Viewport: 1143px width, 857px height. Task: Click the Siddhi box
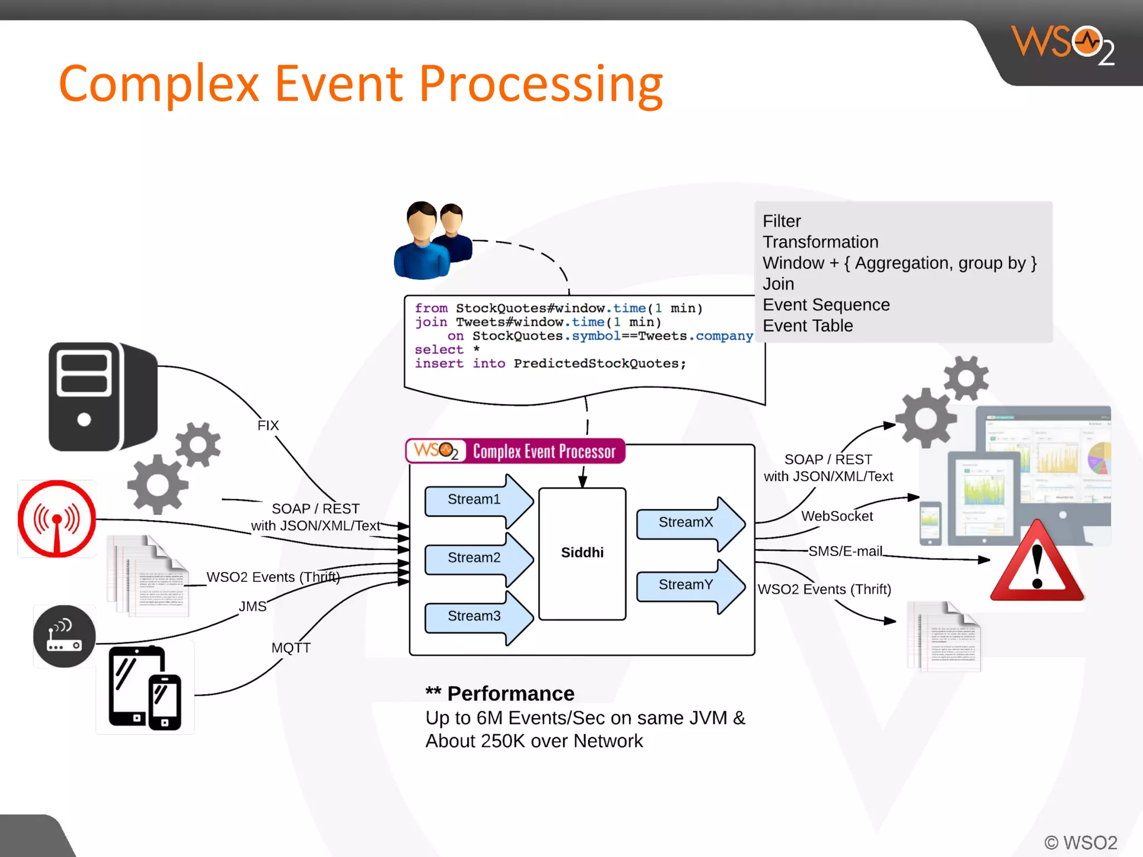point(582,553)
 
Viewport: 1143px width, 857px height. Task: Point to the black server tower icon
point(102,397)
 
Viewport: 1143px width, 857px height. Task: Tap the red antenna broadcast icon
point(56,519)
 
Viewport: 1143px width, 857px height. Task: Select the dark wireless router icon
point(64,637)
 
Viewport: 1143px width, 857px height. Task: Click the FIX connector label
point(268,426)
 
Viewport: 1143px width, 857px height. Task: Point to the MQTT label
point(291,648)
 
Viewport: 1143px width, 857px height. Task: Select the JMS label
point(252,606)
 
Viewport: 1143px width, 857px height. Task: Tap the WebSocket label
point(837,516)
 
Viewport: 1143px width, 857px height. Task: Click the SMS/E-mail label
point(845,551)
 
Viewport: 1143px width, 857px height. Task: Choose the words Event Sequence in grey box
point(826,305)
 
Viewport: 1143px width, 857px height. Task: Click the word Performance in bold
point(511,694)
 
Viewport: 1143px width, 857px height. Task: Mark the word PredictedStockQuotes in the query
point(595,364)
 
